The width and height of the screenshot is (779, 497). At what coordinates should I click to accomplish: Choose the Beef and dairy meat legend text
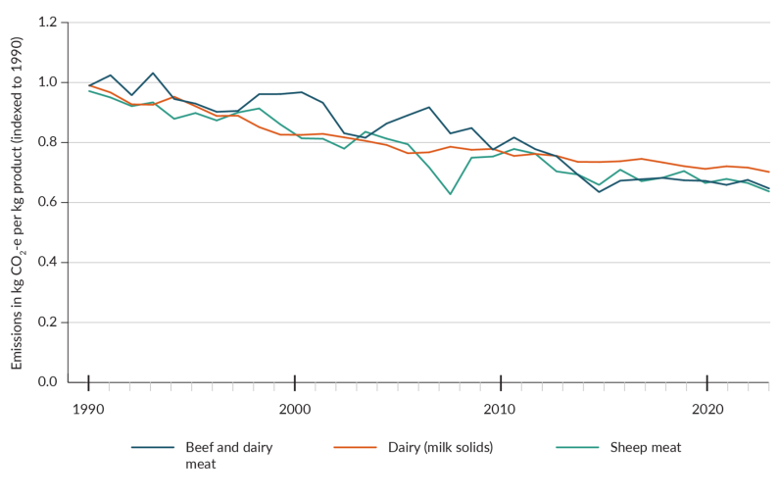(228, 455)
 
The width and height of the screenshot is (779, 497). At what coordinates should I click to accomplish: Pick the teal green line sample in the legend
(577, 448)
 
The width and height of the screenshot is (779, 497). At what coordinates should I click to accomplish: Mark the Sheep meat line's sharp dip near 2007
(451, 194)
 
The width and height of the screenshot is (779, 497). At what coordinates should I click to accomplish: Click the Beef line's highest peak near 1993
(153, 73)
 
